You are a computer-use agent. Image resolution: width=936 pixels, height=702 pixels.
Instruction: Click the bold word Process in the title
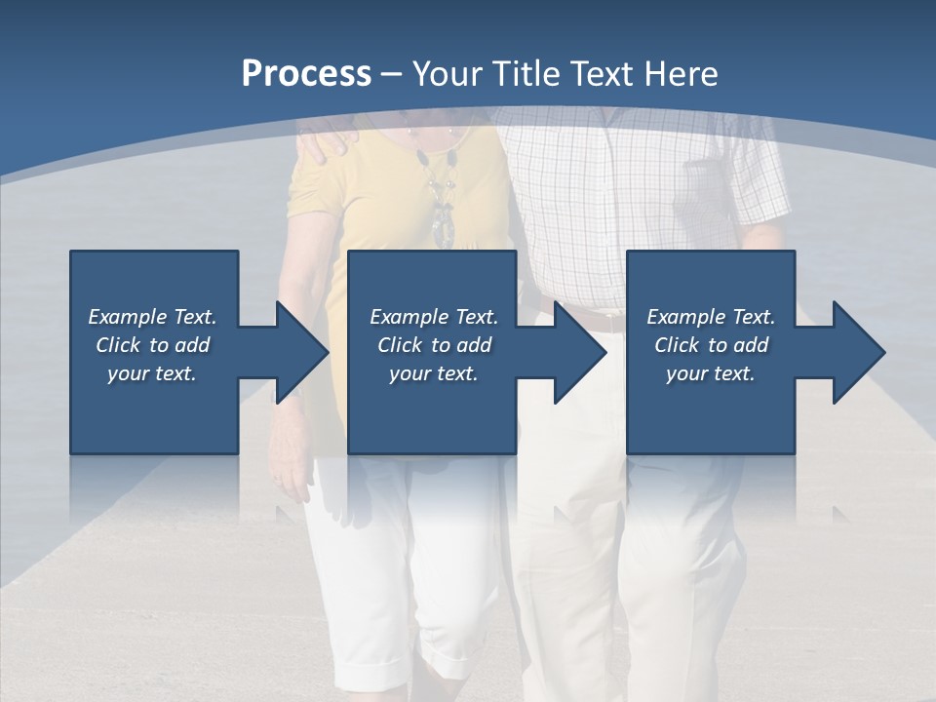coord(306,74)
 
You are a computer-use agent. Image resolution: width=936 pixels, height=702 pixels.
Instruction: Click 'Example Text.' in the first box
coord(152,317)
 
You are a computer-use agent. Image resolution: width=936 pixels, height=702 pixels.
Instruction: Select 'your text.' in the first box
coord(152,373)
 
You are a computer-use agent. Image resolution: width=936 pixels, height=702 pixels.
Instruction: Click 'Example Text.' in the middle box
coord(434,317)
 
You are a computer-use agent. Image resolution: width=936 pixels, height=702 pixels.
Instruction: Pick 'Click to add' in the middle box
coord(434,345)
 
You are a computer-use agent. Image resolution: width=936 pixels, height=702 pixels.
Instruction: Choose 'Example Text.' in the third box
coord(711,317)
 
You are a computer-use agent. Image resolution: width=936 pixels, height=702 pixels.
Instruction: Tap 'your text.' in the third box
coord(711,373)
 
